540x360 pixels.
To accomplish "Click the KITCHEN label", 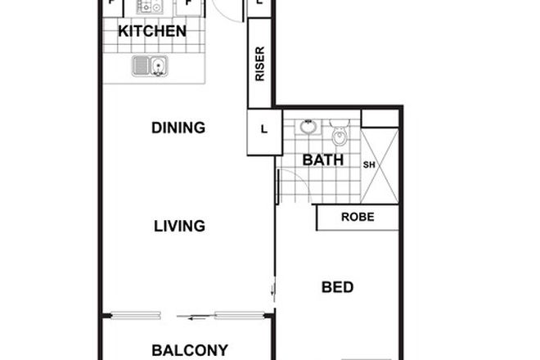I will pos(152,32).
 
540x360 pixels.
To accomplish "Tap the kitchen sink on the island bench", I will pos(150,65).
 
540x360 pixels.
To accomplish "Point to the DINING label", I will pos(178,128).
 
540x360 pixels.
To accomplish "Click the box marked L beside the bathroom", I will pos(263,128).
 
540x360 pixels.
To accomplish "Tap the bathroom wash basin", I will pos(308,127).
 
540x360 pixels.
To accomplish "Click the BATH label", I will pos(323,160).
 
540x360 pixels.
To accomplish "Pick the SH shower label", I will pos(368,164).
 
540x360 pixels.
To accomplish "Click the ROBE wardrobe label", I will pos(358,218).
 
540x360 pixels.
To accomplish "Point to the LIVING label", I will pos(178,226).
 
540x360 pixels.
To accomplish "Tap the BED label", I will pos(337,287).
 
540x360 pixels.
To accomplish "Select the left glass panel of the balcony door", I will pos(136,314).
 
